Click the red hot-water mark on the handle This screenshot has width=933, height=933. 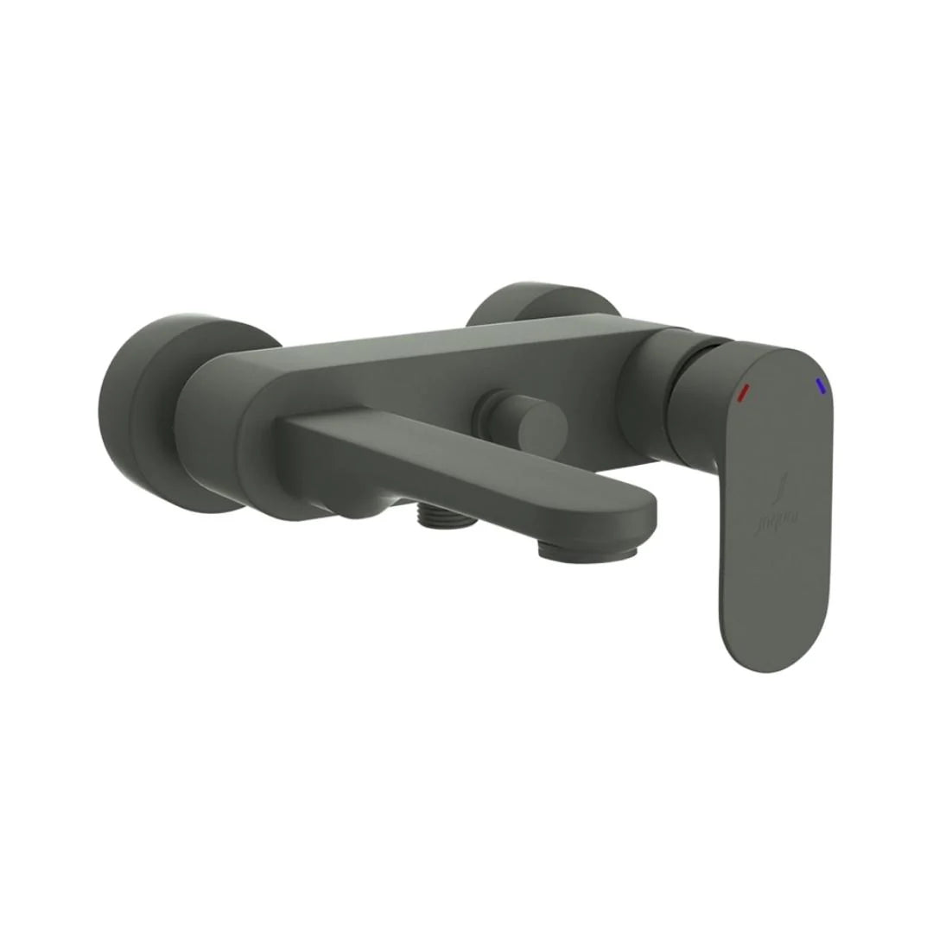(742, 392)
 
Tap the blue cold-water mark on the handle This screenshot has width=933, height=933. (819, 385)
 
